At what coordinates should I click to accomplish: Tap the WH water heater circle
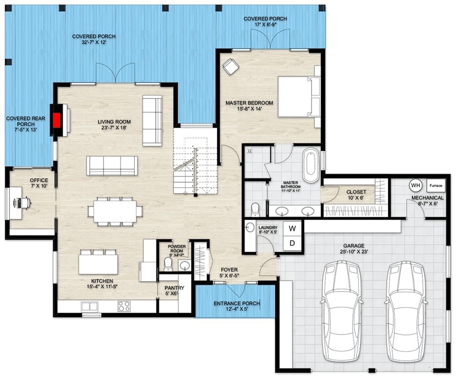click(x=415, y=184)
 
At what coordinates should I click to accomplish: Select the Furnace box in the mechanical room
click(x=435, y=186)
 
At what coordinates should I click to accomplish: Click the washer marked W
click(x=292, y=229)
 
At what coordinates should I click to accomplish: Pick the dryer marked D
click(x=292, y=243)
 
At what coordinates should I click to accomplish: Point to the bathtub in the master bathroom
click(x=311, y=166)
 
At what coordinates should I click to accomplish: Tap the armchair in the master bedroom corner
click(x=231, y=66)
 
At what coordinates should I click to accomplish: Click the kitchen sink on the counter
click(x=89, y=306)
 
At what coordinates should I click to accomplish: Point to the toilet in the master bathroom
click(x=255, y=208)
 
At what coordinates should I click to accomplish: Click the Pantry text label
click(x=174, y=288)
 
